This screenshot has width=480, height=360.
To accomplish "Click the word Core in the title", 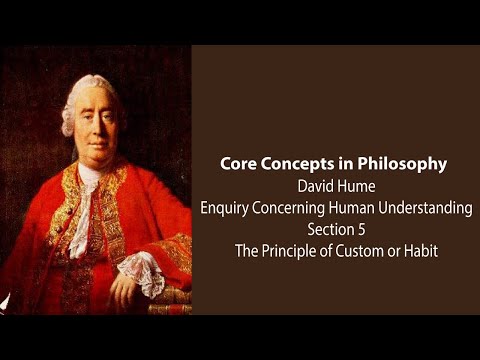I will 245,164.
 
